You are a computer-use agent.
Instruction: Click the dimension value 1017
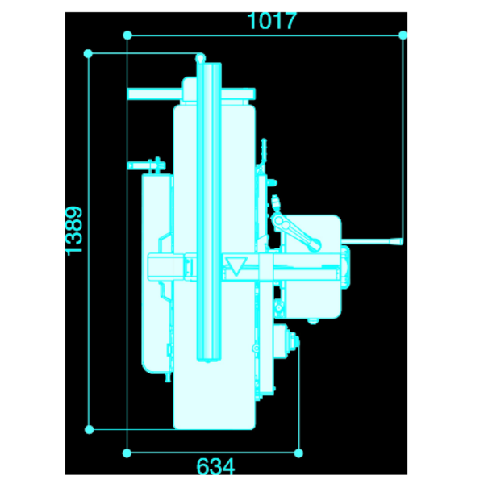(x=272, y=21)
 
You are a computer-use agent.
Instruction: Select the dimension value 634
(x=215, y=466)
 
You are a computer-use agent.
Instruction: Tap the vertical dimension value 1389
(x=74, y=231)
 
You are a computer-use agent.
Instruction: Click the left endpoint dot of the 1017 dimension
(x=127, y=35)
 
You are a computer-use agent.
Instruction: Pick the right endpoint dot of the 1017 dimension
(x=403, y=35)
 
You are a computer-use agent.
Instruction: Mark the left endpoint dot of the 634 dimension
(x=127, y=453)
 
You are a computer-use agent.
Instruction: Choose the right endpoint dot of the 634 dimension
(x=298, y=453)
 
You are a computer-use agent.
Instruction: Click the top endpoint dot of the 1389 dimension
(x=88, y=53)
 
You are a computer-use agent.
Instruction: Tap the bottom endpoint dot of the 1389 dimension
(x=89, y=429)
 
